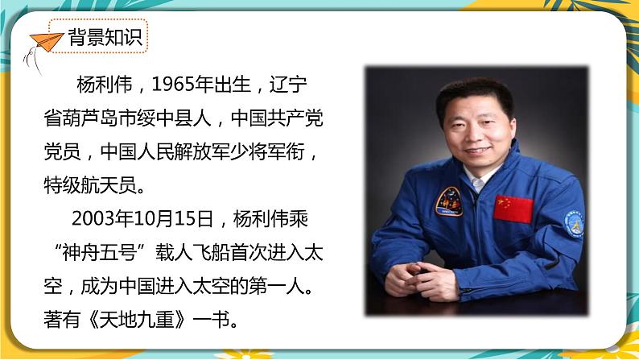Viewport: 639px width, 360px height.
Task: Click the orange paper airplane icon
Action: (x=46, y=42)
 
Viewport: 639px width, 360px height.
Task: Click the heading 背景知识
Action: (x=105, y=37)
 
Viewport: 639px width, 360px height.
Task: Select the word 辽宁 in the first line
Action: (x=288, y=85)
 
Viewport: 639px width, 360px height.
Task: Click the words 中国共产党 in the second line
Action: (x=277, y=118)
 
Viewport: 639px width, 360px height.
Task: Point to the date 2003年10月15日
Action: (x=142, y=219)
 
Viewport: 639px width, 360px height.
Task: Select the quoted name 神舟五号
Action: (x=100, y=253)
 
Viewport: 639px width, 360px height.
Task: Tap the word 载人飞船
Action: (x=192, y=253)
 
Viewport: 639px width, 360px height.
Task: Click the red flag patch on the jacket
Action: (x=513, y=209)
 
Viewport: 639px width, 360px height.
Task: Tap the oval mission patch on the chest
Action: (x=449, y=201)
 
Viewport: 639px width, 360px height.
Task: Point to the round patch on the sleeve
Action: (x=575, y=224)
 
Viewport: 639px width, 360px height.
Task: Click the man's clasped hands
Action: (x=422, y=280)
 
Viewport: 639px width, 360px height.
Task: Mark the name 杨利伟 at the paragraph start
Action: (x=105, y=85)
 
